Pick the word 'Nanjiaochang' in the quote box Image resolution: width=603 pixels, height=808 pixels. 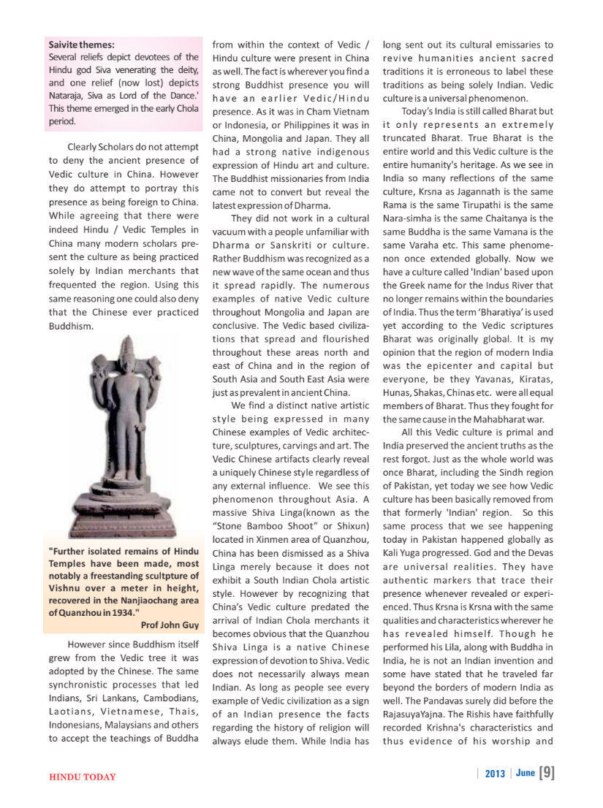[143, 599]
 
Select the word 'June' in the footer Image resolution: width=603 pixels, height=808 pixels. [524, 774]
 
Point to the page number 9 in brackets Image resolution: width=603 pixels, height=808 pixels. [546, 773]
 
